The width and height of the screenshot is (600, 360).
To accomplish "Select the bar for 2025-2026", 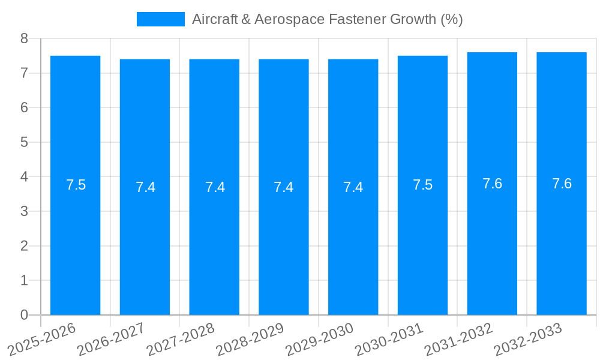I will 75,185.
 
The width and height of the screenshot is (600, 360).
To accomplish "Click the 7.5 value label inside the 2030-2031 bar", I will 422,185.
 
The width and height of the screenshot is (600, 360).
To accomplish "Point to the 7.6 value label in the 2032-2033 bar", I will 562,184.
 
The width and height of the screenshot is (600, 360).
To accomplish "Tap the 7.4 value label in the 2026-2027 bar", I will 145,187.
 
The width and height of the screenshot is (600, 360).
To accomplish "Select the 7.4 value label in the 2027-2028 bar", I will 215,187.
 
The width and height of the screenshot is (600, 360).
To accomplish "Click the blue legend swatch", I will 160,19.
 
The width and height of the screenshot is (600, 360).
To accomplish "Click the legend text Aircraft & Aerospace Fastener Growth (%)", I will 327,19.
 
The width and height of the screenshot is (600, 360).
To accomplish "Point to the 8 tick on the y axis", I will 24,39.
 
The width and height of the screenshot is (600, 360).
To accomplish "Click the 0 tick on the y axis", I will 24,315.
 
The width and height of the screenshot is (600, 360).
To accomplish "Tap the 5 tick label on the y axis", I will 24,143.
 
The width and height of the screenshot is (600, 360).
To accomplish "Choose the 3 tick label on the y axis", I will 24,212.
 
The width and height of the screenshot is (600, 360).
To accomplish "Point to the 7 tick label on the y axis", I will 24,74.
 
